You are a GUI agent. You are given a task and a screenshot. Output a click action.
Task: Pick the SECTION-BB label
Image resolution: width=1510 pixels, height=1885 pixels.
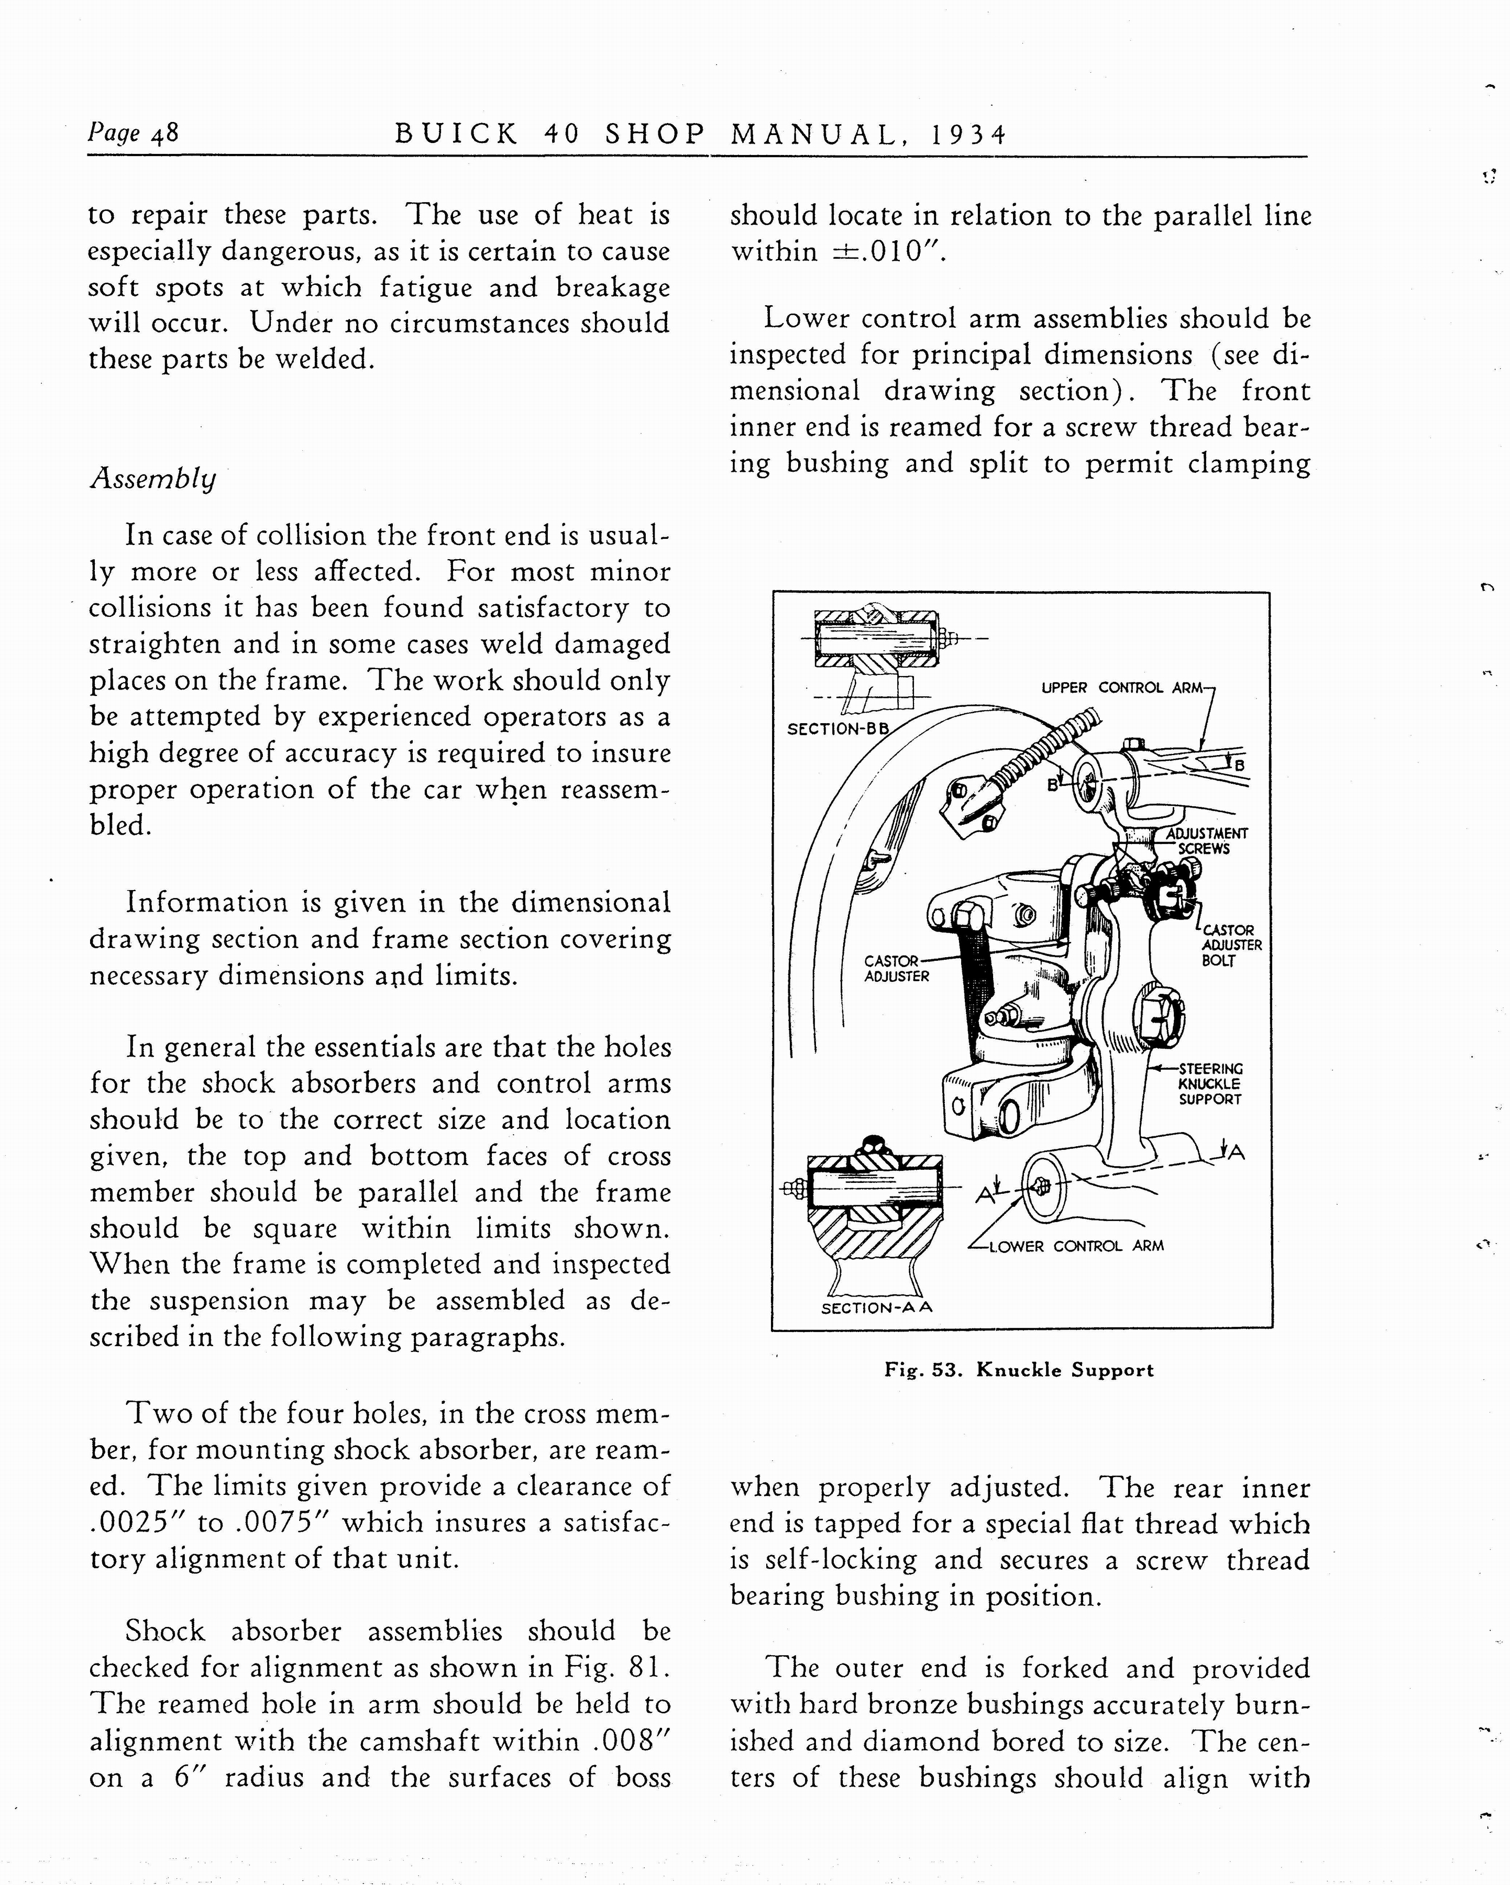click(x=837, y=728)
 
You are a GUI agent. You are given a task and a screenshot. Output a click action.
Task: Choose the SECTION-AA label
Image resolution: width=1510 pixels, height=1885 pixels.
click(x=876, y=1308)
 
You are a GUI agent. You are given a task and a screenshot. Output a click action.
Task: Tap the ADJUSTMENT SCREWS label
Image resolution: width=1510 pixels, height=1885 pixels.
click(x=1207, y=841)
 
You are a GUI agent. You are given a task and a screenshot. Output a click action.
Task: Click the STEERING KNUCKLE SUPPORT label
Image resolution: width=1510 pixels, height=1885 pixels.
click(x=1210, y=1084)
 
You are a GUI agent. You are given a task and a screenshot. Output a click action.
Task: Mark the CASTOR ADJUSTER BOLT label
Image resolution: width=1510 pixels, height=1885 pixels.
click(x=1231, y=945)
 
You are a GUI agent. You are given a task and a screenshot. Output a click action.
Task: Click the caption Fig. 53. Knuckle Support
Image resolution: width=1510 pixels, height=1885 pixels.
click(x=1019, y=1370)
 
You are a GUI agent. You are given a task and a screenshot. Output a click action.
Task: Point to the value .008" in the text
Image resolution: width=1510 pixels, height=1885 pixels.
click(x=631, y=1740)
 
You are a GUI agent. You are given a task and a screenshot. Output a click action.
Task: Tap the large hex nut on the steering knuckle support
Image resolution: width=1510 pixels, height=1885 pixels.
click(x=1160, y=1015)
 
